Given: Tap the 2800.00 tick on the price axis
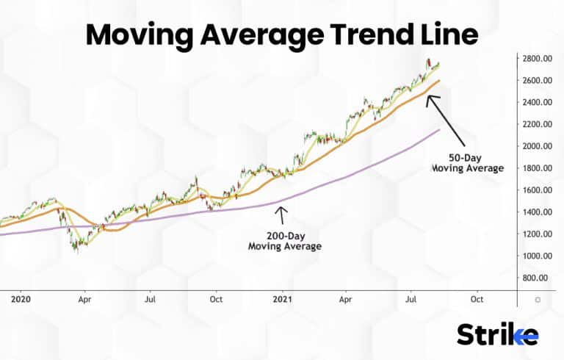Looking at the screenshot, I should point(538,58).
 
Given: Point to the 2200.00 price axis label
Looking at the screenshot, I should point(538,124).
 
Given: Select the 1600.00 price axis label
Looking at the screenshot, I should point(538,190).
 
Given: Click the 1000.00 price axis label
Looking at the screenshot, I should point(538,256).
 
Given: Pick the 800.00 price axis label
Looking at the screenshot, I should point(538,278).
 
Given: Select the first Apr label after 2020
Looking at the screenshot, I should point(84,300).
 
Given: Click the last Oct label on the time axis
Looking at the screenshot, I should point(477,300).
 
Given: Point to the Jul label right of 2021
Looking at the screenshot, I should point(411,300).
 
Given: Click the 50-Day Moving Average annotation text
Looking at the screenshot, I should point(467,162).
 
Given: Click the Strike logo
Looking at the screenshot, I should point(497,335).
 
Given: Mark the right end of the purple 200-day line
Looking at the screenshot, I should point(439,130).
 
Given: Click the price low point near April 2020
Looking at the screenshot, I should point(76,251).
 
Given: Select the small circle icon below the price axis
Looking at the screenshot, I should point(538,300).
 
